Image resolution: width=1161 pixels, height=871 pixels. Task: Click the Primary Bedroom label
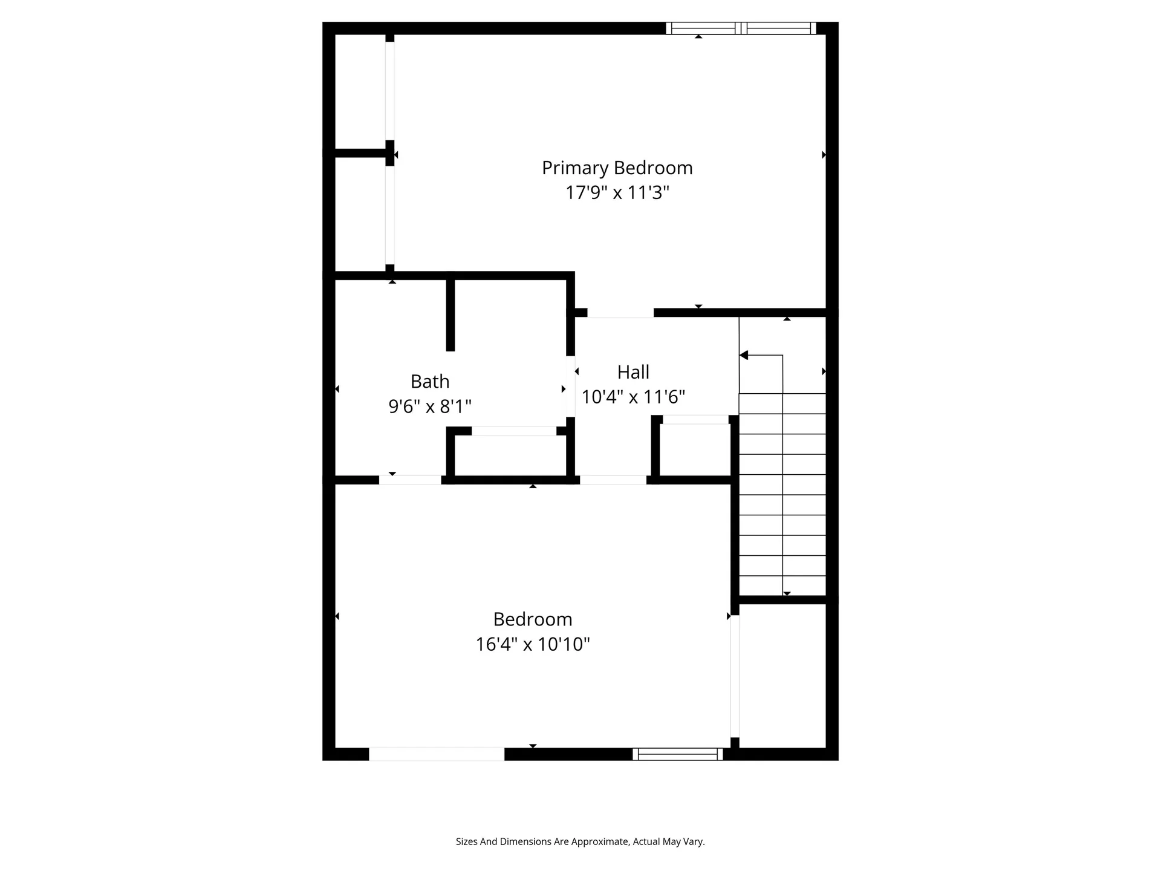(x=617, y=168)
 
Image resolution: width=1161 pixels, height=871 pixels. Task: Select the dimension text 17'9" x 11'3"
(x=617, y=193)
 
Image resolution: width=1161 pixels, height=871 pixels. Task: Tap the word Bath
(x=430, y=381)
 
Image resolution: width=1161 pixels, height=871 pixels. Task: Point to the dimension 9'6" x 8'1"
(x=430, y=406)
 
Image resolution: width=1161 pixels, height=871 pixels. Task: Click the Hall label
(x=633, y=372)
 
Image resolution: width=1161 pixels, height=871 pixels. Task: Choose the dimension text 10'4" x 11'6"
(x=633, y=397)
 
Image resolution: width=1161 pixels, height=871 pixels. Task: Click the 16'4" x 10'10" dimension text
(x=532, y=644)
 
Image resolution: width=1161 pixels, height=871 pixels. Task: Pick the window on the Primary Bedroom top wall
(x=741, y=28)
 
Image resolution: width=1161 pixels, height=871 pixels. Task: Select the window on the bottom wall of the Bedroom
(x=677, y=754)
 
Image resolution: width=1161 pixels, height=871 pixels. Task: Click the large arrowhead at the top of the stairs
(x=744, y=355)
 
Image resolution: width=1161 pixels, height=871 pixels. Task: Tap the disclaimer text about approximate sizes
(x=580, y=841)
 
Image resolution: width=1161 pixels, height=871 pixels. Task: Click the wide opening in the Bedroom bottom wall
(x=437, y=754)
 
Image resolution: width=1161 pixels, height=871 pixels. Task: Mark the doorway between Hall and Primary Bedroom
(x=620, y=313)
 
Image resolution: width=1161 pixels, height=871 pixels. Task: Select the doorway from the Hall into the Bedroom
(x=613, y=480)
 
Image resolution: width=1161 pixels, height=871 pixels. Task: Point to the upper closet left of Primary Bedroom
(x=360, y=91)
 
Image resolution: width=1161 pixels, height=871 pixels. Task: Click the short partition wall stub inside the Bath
(x=450, y=315)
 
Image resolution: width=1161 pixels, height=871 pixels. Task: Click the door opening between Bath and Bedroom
(x=410, y=480)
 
